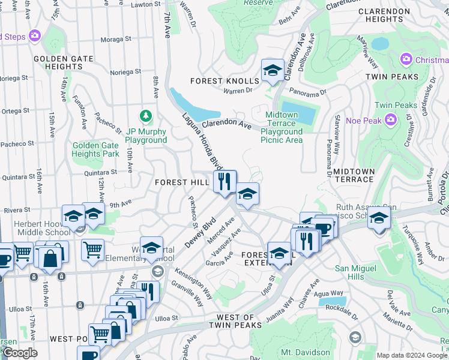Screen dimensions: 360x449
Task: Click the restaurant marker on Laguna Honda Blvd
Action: click(225, 182)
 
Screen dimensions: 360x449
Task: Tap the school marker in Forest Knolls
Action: click(273, 71)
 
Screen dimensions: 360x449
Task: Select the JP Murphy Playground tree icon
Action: click(145, 115)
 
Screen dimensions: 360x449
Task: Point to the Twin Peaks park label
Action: click(396, 105)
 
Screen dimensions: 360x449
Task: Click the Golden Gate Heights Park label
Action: click(96, 149)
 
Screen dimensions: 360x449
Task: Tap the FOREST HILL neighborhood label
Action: click(181, 182)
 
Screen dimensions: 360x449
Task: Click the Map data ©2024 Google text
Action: click(412, 355)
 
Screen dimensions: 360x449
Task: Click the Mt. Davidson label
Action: click(306, 352)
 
